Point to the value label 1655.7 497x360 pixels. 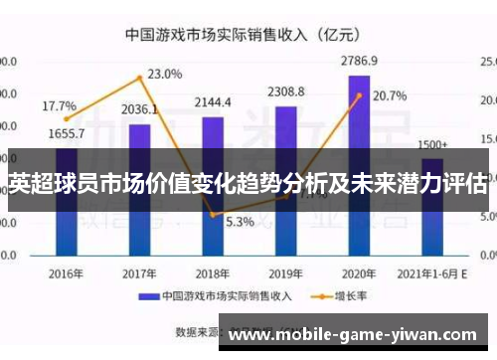click(x=66, y=133)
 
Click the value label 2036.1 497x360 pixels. click(x=139, y=109)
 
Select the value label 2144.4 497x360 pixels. click(x=213, y=102)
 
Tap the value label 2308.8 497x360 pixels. click(x=286, y=92)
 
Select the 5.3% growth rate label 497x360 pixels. click(x=240, y=222)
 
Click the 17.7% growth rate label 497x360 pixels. click(x=59, y=105)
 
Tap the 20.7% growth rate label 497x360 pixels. click(x=389, y=96)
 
